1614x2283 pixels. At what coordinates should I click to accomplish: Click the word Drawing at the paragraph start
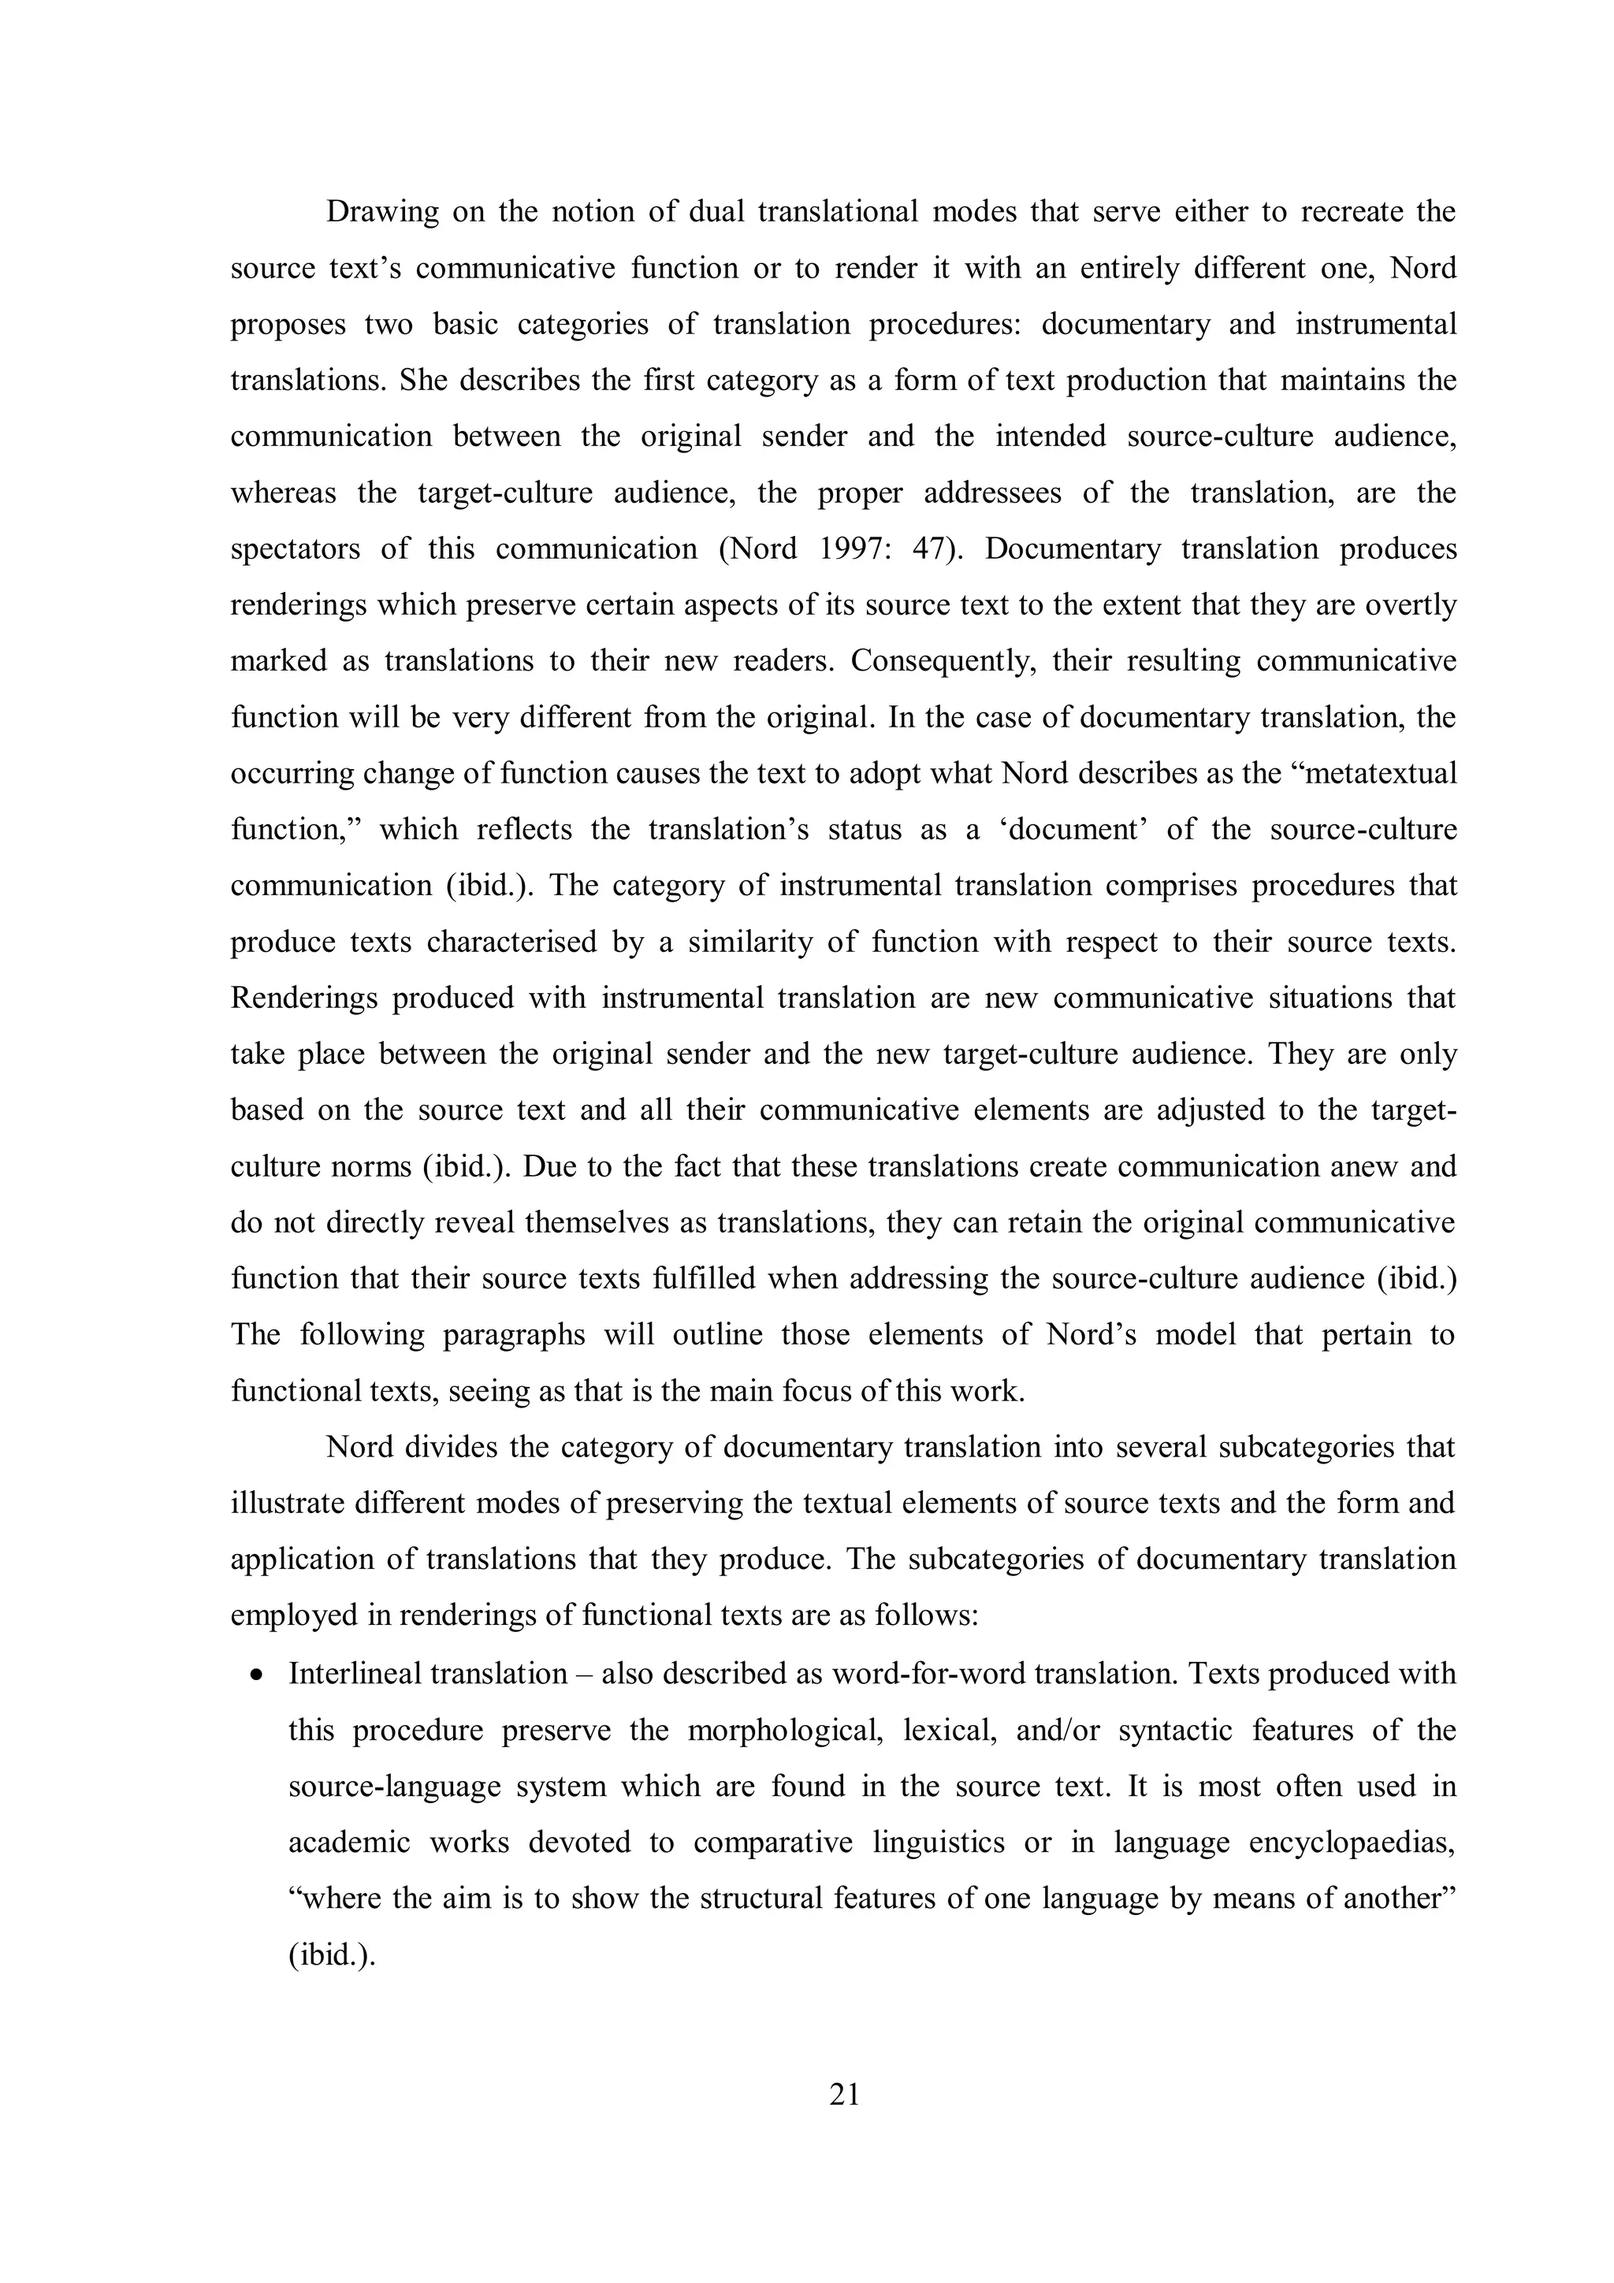click(383, 213)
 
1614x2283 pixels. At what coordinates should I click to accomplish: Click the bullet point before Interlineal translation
click(258, 1675)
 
